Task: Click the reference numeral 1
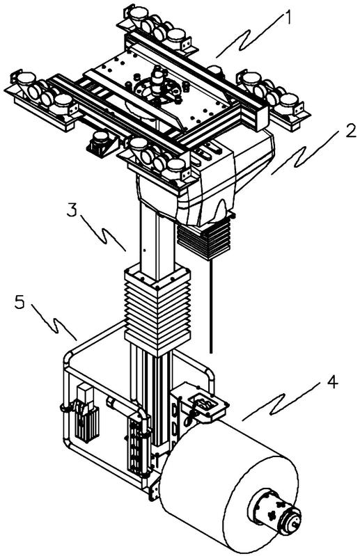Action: tap(288, 17)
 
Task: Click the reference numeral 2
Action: tap(350, 131)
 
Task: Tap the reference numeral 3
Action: tap(72, 210)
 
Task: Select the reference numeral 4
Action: tap(332, 382)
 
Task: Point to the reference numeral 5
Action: tap(20, 303)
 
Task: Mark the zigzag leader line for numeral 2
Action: tap(306, 154)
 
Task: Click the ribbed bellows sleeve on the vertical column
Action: tap(157, 311)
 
